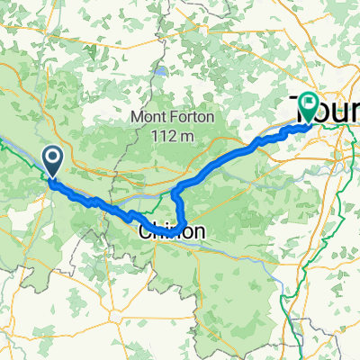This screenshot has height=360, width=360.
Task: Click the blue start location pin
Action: (x=52, y=161)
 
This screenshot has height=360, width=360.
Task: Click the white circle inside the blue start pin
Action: (x=52, y=159)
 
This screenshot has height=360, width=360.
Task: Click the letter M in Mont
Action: (x=138, y=117)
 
